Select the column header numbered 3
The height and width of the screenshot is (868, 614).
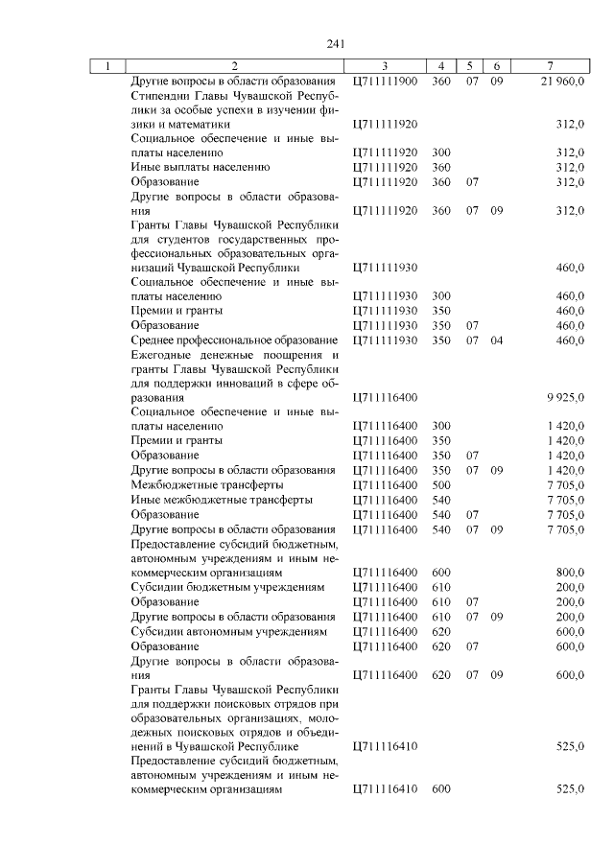tap(384, 66)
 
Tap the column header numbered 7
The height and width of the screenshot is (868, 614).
tap(549, 66)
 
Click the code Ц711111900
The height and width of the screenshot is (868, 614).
tap(386, 82)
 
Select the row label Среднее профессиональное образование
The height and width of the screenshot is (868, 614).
tap(233, 340)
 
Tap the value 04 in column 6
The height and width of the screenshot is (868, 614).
tap(496, 340)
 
